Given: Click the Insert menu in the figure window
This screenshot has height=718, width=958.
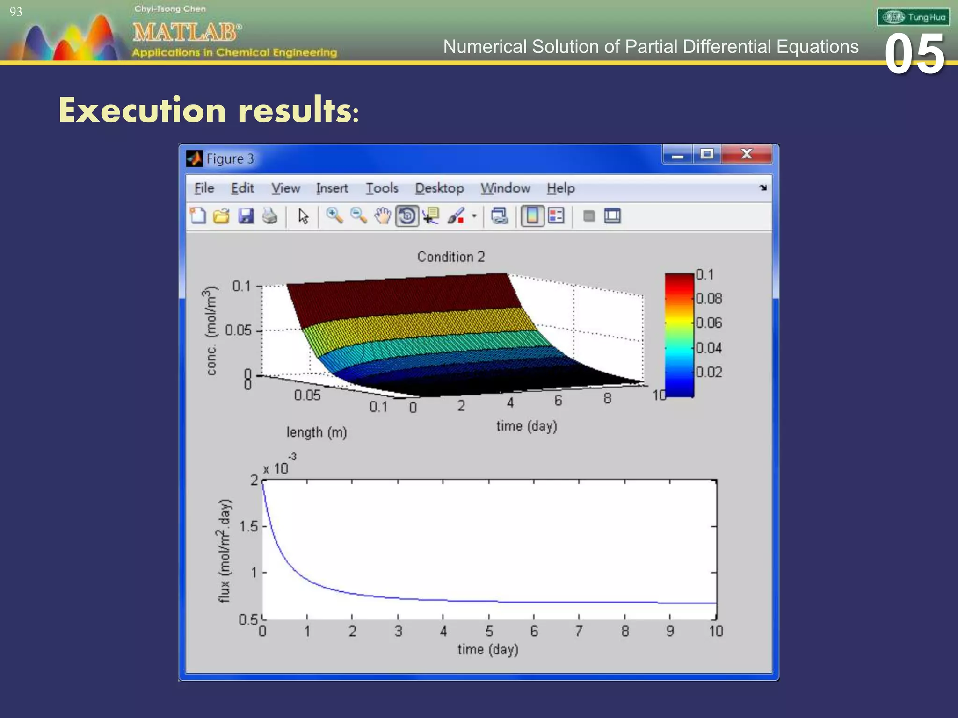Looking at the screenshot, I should (x=332, y=188).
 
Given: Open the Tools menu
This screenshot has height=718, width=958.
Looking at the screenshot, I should (x=382, y=188).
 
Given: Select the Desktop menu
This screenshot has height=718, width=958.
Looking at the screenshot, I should (x=439, y=188).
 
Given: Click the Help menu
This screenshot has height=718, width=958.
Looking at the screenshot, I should (x=560, y=188).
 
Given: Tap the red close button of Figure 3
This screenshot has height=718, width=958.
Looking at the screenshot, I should (x=747, y=154).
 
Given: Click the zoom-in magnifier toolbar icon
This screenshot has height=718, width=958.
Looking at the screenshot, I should (x=334, y=216).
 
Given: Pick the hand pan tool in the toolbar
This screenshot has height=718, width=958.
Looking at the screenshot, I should (x=383, y=216).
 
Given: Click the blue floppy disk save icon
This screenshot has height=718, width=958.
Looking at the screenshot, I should (x=246, y=216).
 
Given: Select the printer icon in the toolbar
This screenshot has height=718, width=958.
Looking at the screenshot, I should (x=269, y=216).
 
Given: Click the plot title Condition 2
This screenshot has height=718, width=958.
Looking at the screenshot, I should (x=451, y=257).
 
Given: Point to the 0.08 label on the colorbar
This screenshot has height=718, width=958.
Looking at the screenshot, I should (x=709, y=299).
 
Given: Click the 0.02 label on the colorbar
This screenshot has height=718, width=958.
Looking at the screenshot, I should (x=709, y=372).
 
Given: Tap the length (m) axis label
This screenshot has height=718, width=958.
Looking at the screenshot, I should (x=317, y=432).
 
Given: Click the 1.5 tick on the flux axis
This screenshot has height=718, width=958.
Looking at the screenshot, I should (x=248, y=526).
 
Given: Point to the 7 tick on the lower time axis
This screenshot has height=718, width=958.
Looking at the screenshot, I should (x=579, y=632).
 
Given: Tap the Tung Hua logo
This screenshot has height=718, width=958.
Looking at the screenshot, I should (x=913, y=17).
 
